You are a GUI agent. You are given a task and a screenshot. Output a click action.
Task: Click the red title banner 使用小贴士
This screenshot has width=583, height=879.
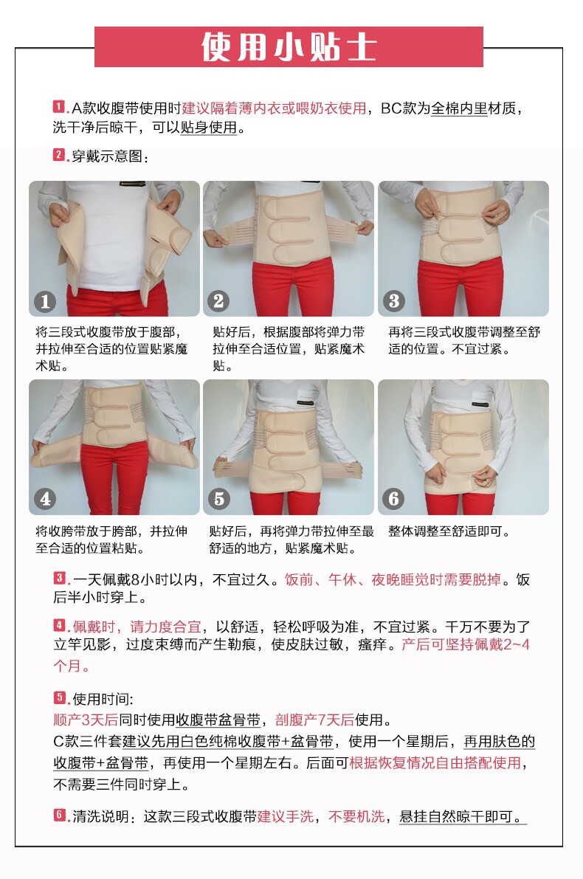[288, 46]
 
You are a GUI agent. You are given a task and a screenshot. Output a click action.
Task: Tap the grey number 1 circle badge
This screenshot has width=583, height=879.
[46, 302]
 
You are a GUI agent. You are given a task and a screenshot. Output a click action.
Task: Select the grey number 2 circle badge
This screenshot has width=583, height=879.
[218, 302]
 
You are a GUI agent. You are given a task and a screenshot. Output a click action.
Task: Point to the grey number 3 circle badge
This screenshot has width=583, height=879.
[393, 302]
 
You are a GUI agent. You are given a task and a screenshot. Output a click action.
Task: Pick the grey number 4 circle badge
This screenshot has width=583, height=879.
[46, 498]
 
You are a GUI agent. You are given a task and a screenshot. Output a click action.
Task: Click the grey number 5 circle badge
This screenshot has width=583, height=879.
[218, 498]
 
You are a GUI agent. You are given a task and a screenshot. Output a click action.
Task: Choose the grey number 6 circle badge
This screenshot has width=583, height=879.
[393, 498]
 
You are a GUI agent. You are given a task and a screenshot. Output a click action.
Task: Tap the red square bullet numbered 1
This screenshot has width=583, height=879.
[59, 106]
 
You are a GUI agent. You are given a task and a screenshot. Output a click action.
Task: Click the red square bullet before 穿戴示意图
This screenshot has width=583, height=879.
[59, 154]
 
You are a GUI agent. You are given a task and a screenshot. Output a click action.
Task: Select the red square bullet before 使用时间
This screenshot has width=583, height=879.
[59, 697]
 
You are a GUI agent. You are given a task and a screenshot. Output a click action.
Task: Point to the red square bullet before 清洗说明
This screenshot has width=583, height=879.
[59, 815]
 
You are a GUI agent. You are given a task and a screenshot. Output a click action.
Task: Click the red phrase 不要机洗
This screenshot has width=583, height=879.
[356, 816]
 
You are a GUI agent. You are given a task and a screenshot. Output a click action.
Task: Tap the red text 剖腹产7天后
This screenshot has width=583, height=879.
[314, 720]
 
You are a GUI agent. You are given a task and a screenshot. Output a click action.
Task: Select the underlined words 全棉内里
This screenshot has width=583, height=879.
[459, 108]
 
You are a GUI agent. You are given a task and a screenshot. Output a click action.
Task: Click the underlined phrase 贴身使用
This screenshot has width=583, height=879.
[209, 128]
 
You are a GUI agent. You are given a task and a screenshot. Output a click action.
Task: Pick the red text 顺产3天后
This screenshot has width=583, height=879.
[86, 720]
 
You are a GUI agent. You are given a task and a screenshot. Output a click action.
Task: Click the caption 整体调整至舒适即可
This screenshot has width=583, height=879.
[449, 531]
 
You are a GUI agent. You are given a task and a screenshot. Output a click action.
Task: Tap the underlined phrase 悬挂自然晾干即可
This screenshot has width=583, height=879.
[463, 817]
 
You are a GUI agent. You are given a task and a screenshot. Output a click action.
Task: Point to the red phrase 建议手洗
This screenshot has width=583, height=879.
[286, 816]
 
